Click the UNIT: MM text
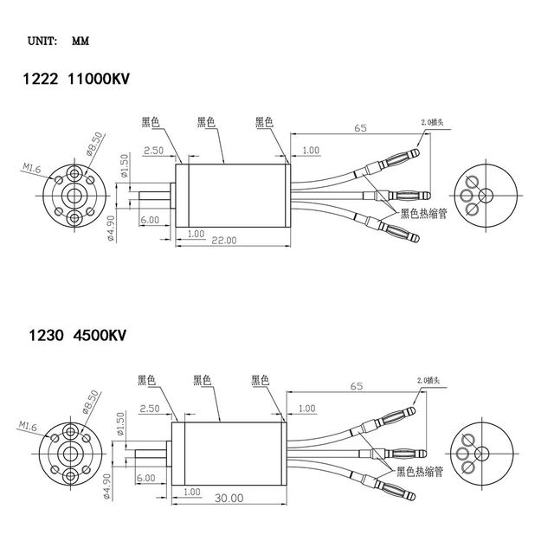tap(57, 40)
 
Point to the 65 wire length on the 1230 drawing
tap(356, 388)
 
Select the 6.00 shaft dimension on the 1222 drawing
tap(149, 220)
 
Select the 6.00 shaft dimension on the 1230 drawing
tap(145, 478)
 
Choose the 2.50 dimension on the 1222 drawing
tap(153, 150)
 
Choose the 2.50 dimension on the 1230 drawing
tap(149, 408)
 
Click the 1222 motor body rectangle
tap(231, 195)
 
